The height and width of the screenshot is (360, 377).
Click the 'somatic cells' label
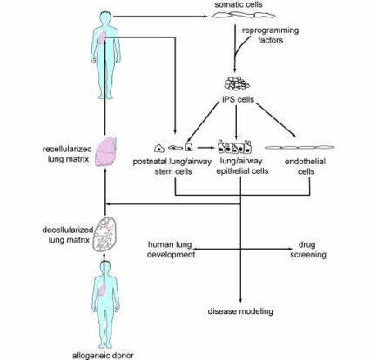tap(239, 4)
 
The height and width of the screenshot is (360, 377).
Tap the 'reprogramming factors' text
tap(270, 35)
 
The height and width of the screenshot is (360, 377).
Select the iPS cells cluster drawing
tap(237, 83)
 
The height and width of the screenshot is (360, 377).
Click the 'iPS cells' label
tap(238, 99)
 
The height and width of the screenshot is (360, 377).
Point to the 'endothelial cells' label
tap(306, 166)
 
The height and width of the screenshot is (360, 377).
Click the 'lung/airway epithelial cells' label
tap(242, 166)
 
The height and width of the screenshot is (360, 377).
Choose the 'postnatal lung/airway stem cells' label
tap(172, 166)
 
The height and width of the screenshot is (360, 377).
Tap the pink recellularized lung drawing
tap(106, 151)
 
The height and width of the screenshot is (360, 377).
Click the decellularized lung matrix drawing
tap(104, 235)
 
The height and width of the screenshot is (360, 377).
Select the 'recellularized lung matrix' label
tap(67, 154)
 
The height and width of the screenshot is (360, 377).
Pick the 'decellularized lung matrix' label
tap(68, 235)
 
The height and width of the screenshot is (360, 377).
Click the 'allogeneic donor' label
tap(103, 355)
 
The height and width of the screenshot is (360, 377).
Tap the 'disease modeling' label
tap(240, 311)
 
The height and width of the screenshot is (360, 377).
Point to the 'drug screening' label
tap(308, 250)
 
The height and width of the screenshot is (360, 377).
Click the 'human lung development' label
tap(171, 250)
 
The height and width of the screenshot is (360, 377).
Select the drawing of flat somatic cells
tap(243, 15)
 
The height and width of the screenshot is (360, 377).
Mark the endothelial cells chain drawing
tap(300, 148)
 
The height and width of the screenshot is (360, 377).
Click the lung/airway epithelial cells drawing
tap(234, 146)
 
